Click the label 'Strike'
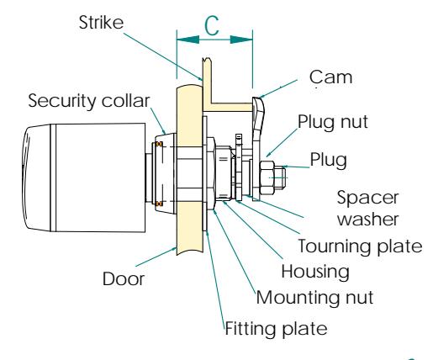[101, 23]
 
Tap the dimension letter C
[212, 26]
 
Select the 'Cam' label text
[330, 77]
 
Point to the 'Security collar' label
[89, 101]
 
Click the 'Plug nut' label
[333, 122]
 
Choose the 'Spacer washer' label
[367, 208]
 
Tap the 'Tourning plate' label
[360, 246]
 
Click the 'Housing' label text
[315, 272]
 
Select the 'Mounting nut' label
[314, 297]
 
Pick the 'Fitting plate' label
[276, 328]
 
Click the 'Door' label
[124, 279]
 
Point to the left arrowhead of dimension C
[187, 40]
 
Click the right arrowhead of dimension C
[241, 40]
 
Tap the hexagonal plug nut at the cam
[267, 177]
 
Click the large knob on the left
[83, 177]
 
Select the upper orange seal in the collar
[159, 145]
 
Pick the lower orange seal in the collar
[159, 204]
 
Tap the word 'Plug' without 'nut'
[328, 161]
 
